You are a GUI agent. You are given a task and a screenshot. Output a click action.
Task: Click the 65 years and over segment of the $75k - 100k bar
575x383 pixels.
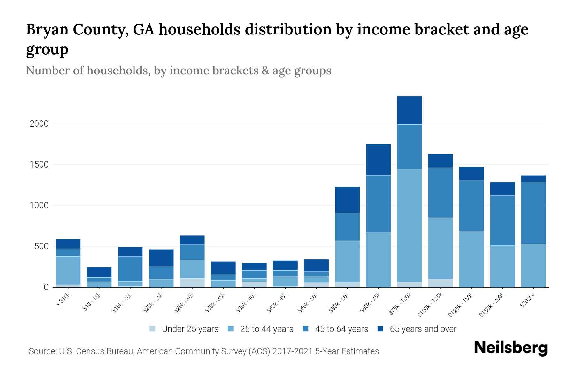409,110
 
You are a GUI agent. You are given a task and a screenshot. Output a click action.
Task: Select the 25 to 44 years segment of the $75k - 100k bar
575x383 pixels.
409,225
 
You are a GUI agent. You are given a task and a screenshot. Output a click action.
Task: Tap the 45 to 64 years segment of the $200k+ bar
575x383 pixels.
533,213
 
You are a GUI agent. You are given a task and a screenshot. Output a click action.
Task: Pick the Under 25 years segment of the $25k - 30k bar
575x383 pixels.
192,283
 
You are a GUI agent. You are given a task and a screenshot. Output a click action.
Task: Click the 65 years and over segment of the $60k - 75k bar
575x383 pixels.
378,160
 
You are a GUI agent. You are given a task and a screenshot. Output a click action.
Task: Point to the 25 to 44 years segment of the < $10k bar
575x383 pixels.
68,270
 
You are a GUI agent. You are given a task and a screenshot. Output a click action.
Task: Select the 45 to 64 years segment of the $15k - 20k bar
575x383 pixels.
130,268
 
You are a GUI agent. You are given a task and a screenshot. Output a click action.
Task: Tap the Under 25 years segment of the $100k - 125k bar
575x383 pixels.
440,283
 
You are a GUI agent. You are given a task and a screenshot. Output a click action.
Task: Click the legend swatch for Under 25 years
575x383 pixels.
152,329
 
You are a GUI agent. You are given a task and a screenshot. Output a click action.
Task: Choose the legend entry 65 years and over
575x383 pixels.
423,329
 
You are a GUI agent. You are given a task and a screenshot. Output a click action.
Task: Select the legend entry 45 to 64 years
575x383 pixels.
341,329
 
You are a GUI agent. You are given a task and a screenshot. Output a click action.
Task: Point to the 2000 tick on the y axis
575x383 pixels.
39,124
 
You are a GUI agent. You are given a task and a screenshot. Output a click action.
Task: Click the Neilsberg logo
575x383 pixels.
510,348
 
